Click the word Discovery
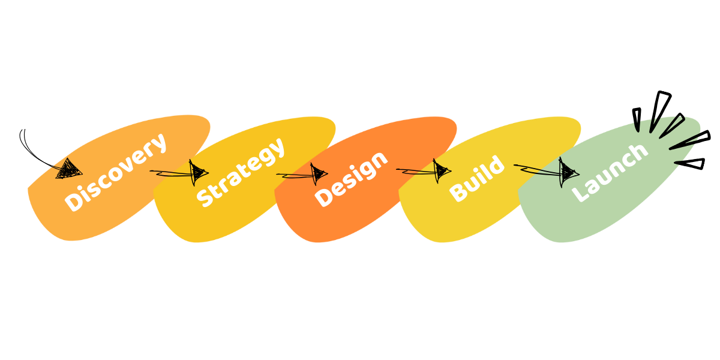point(115,172)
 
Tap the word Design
point(352,179)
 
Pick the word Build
point(477,179)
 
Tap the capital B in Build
point(459,193)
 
